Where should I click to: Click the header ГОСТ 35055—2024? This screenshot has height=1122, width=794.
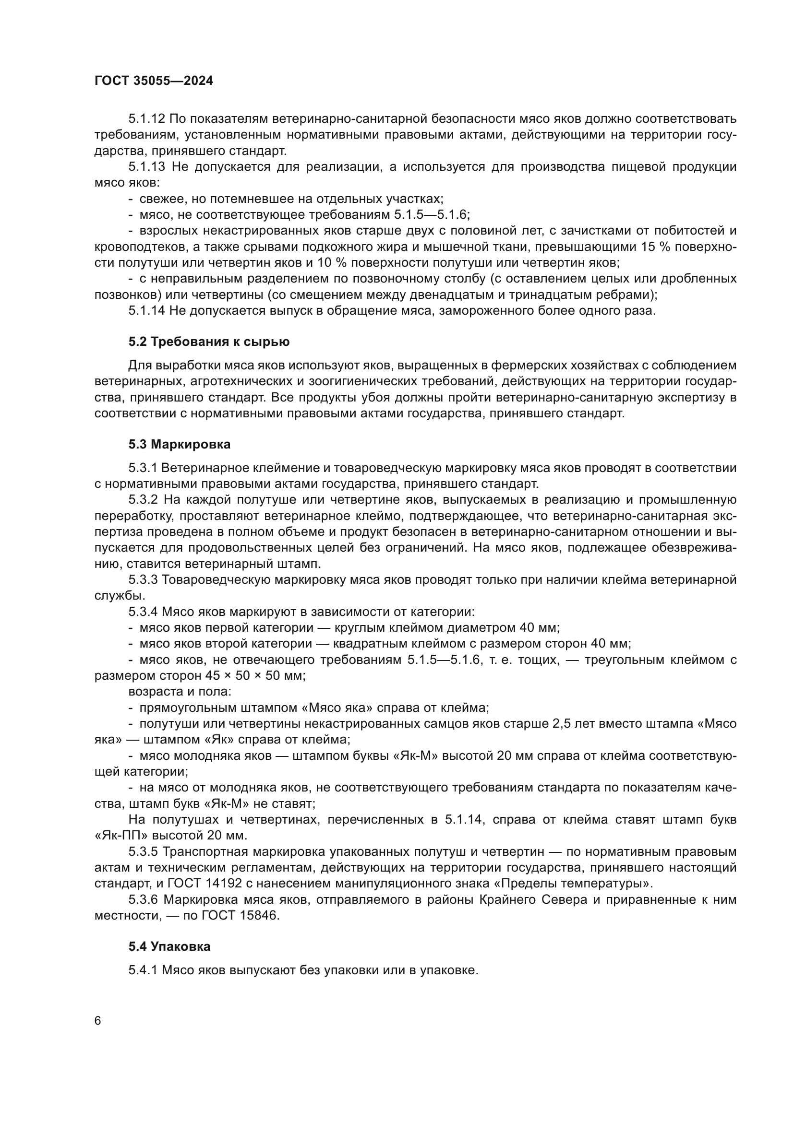point(154,81)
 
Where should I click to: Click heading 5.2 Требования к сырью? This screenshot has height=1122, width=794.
point(209,342)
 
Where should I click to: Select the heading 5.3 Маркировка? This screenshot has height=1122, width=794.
point(180,444)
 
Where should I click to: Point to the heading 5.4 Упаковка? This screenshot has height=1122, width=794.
point(169,946)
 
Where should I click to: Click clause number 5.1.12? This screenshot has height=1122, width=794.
point(147,119)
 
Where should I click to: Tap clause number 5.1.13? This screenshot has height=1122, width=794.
point(147,166)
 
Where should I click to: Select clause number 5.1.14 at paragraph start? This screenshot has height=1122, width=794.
point(147,310)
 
